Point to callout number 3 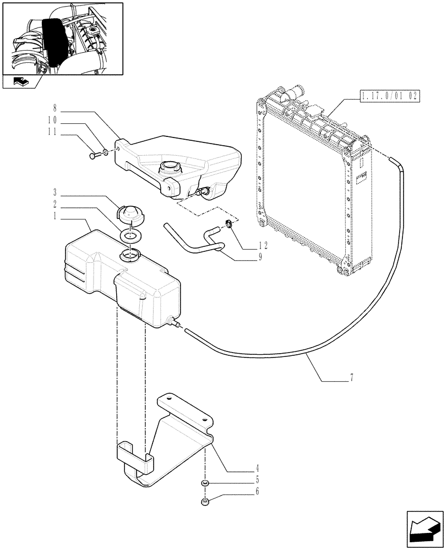[x=55, y=193]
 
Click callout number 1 [x=55, y=217]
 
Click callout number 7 [x=351, y=378]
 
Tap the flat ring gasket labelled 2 [x=130, y=236]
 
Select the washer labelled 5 [x=204, y=483]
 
